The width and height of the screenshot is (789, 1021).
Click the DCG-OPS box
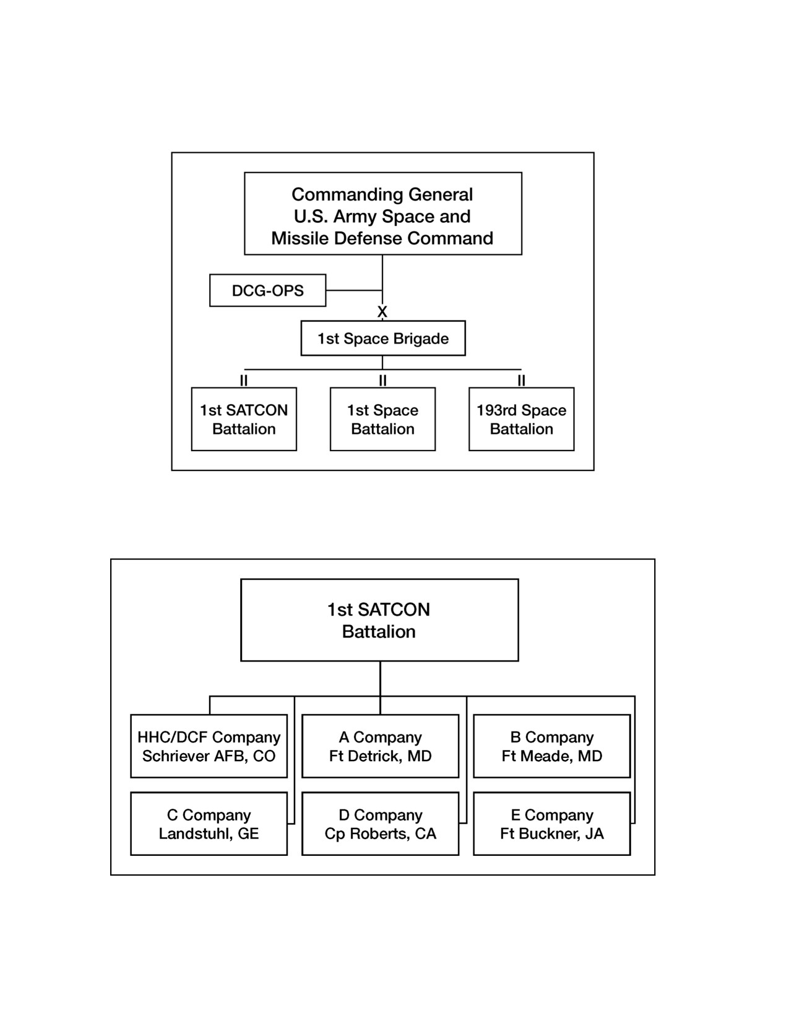(267, 290)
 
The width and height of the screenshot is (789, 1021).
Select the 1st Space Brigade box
(383, 338)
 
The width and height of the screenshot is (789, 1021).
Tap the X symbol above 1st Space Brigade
(382, 311)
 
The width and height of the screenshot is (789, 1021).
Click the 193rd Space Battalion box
(521, 419)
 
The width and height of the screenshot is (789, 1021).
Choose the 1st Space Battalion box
(382, 419)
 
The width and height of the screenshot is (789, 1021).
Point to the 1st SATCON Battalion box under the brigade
(244, 419)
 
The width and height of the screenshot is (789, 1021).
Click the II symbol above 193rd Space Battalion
(521, 381)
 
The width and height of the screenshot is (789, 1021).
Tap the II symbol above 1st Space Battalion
(382, 381)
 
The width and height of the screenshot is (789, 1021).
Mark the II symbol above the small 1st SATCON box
(243, 381)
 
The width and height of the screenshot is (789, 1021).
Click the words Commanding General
(382, 194)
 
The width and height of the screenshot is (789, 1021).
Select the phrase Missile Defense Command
(382, 238)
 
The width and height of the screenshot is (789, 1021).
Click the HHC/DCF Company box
(209, 746)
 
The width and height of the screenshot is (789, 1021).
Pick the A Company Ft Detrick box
(380, 746)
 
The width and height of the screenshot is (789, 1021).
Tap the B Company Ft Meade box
(552, 746)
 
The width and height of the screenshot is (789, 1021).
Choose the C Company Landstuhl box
(209, 824)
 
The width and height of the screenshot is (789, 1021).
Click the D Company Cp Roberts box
(380, 824)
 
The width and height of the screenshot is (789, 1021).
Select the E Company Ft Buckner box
(552, 824)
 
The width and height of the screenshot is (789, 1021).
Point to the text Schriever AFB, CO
(209, 756)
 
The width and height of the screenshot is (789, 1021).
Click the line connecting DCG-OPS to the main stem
(354, 290)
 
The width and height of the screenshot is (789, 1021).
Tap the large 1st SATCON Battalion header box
(379, 620)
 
